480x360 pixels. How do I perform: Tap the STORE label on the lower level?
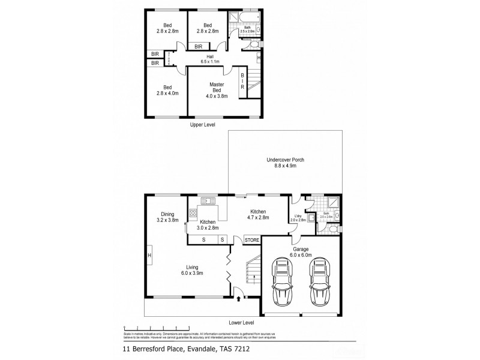point(252,241)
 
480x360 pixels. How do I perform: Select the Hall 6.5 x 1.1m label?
point(211,59)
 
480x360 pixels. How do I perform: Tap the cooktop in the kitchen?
point(193,213)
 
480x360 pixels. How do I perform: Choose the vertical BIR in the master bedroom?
point(242,80)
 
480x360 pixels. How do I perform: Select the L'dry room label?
point(298,218)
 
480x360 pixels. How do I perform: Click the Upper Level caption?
point(202,124)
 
